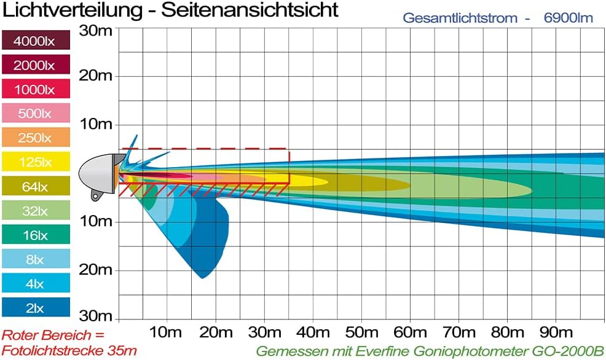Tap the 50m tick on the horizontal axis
(x=361, y=332)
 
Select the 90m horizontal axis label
(x=556, y=332)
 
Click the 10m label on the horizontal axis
(x=167, y=332)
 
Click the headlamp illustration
(x=100, y=173)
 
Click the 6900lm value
(x=569, y=18)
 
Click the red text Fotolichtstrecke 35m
(x=69, y=351)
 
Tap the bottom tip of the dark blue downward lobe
(x=202, y=278)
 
